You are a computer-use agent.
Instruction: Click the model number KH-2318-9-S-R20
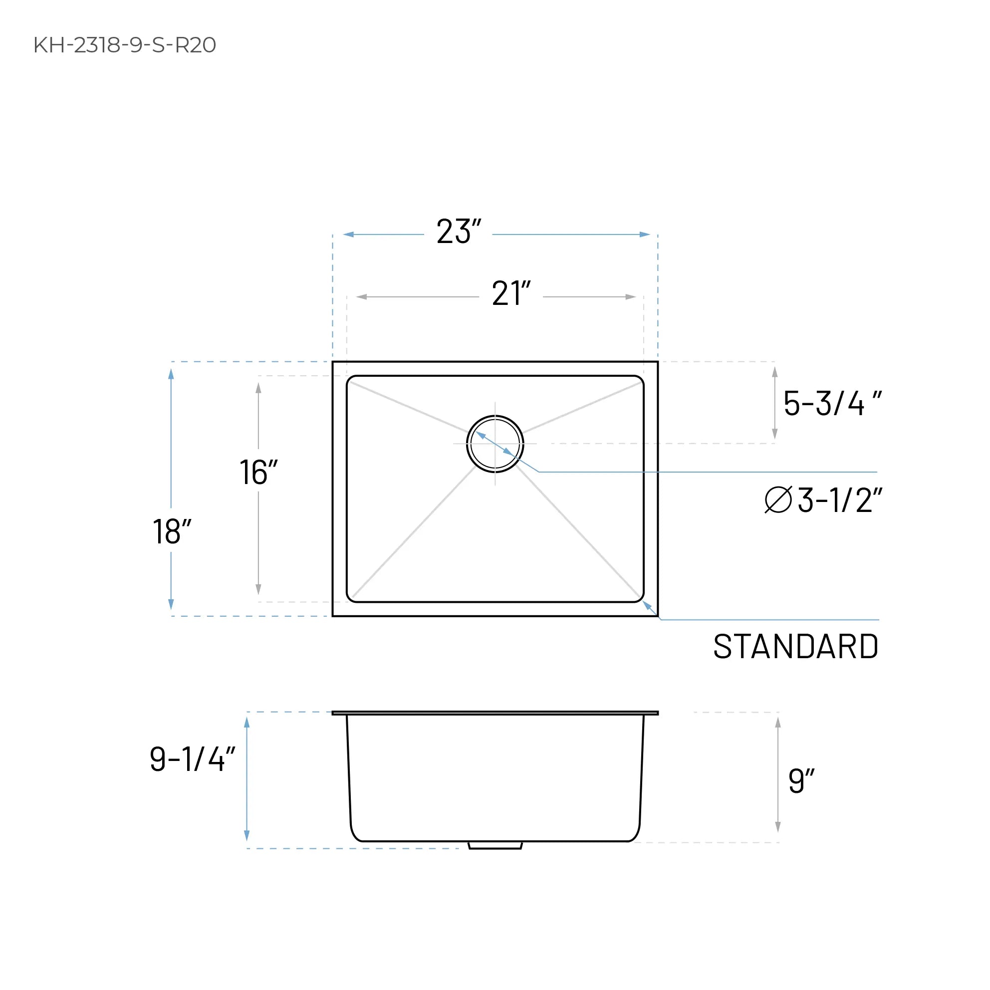click(x=125, y=45)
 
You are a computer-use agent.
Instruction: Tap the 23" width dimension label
click(x=458, y=232)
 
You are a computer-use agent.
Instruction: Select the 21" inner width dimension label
click(x=510, y=293)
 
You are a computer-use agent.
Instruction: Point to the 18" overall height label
click(x=172, y=532)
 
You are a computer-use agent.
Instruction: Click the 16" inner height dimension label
click(x=258, y=473)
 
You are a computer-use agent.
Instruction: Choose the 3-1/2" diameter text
click(x=839, y=500)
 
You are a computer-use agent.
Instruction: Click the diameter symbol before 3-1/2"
click(x=778, y=499)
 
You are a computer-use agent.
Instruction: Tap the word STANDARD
click(x=795, y=647)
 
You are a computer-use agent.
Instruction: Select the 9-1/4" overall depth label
click(x=192, y=759)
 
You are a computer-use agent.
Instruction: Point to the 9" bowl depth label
click(x=800, y=781)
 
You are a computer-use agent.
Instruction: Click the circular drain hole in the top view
click(x=495, y=444)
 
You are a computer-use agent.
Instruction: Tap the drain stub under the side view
click(x=495, y=845)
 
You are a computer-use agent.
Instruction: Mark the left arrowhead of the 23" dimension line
click(x=348, y=235)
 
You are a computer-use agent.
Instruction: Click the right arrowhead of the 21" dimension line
click(x=630, y=297)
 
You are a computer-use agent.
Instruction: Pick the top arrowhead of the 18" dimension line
click(x=171, y=374)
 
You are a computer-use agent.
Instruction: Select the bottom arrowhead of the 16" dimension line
click(x=258, y=589)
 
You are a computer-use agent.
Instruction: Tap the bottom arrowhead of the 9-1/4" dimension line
click(x=247, y=835)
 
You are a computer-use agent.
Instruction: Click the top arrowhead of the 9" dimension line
click(x=778, y=723)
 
